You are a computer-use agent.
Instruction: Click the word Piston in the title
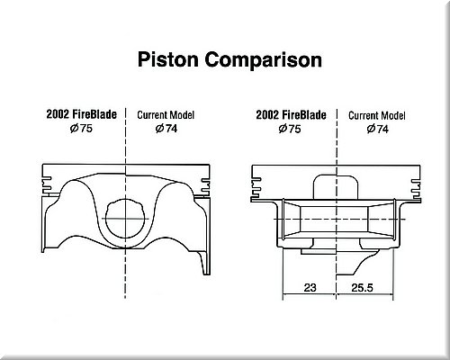168,59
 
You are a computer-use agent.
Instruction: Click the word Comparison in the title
264,61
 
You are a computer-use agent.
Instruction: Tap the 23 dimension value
310,288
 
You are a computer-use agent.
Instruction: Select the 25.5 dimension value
362,288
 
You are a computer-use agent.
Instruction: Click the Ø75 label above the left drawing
81,129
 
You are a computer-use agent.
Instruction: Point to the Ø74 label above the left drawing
166,129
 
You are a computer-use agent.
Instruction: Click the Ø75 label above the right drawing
290,129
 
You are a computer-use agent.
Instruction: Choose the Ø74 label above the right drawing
378,129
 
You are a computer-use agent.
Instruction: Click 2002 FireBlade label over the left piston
81,114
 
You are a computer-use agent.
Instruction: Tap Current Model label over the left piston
166,115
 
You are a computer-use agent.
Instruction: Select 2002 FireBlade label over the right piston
291,115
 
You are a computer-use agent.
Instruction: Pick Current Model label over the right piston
377,115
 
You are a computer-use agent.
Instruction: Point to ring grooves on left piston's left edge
47,186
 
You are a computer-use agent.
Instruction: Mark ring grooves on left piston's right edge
205,187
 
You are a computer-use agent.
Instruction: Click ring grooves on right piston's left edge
256,189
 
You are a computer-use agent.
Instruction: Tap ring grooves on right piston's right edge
417,189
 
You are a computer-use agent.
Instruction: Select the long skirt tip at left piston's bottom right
205,264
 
